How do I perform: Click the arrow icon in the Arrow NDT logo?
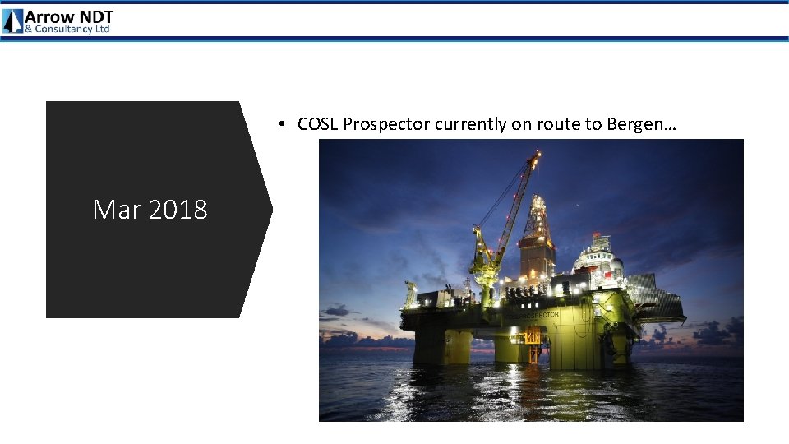coord(13,21)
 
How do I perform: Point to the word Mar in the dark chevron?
coord(115,210)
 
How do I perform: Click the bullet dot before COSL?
coord(281,124)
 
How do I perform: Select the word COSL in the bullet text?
coord(318,124)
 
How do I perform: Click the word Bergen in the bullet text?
coord(636,124)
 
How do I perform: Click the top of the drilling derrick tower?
coord(538,199)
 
